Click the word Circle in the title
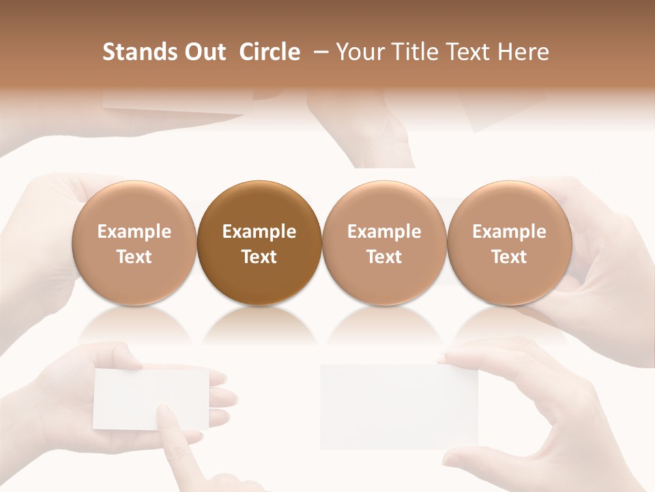pos(270,52)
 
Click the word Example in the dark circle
pos(259,232)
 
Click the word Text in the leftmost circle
pos(134,257)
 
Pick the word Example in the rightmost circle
pos(510,232)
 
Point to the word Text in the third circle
pos(384,257)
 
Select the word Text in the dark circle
pos(259,257)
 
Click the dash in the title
pos(318,52)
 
